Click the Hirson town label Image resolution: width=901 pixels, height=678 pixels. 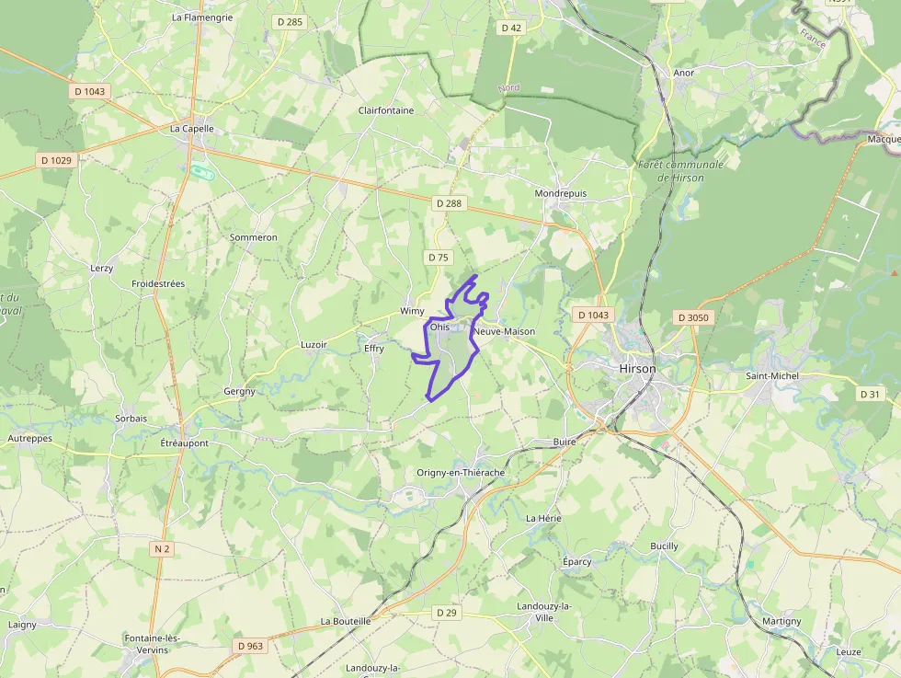pyautogui.click(x=638, y=368)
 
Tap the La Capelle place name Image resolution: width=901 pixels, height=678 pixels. pyautogui.click(x=192, y=129)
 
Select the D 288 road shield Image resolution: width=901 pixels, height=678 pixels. pyautogui.click(x=449, y=203)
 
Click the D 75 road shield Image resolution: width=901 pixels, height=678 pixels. pyautogui.click(x=439, y=258)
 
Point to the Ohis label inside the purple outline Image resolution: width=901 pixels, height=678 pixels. pyautogui.click(x=439, y=327)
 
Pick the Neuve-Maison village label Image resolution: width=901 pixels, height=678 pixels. pyautogui.click(x=504, y=331)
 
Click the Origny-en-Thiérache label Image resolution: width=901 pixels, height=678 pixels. pyautogui.click(x=461, y=473)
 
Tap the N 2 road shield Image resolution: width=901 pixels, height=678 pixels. pyautogui.click(x=162, y=549)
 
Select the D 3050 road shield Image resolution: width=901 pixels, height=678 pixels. pyautogui.click(x=693, y=317)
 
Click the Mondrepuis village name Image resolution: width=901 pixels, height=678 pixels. pyautogui.click(x=561, y=194)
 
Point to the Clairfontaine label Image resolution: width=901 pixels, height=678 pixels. pyautogui.click(x=386, y=110)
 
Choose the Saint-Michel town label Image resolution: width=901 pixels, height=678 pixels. pyautogui.click(x=772, y=375)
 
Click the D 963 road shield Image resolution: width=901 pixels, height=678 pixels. pyautogui.click(x=249, y=646)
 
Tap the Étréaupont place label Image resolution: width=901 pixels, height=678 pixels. pyautogui.click(x=184, y=443)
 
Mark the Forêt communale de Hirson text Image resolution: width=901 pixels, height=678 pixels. pyautogui.click(x=680, y=171)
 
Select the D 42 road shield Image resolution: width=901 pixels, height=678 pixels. pyautogui.click(x=511, y=28)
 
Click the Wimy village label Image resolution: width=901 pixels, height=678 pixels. pyautogui.click(x=412, y=312)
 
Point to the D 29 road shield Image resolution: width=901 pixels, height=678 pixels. pyautogui.click(x=447, y=613)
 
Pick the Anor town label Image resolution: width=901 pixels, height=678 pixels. pyautogui.click(x=684, y=72)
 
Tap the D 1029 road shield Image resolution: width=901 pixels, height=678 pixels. pyautogui.click(x=56, y=160)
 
